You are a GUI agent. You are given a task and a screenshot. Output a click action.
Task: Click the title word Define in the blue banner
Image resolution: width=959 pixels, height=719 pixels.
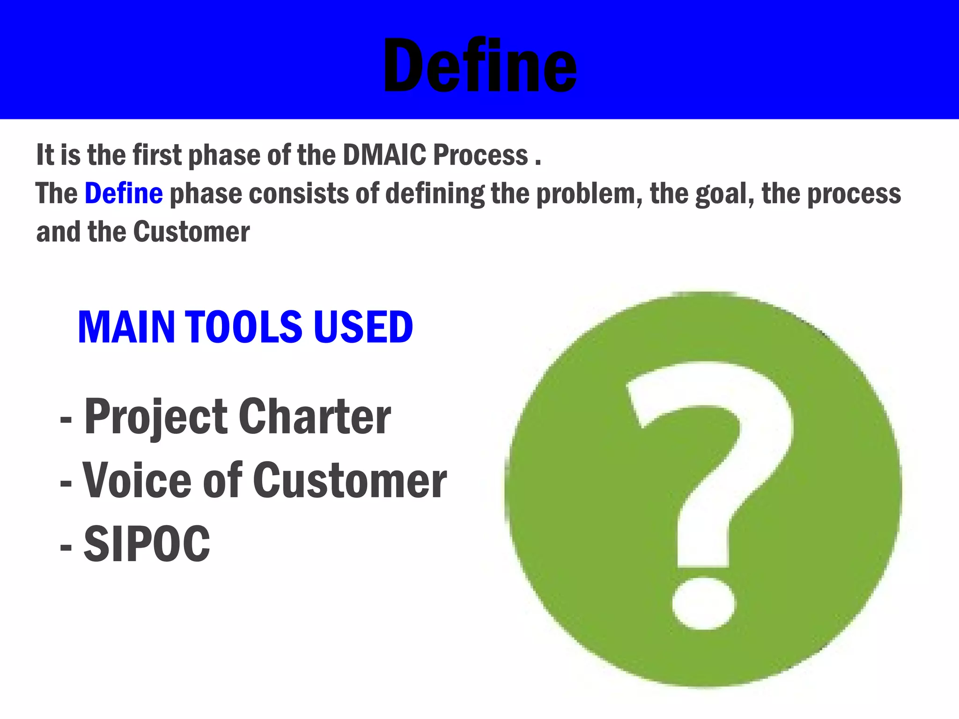[479, 66]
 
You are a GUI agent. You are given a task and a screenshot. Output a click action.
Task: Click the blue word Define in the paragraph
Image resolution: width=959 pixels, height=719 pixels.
[124, 194]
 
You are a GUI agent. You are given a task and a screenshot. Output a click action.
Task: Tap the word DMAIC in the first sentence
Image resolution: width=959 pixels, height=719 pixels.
[384, 155]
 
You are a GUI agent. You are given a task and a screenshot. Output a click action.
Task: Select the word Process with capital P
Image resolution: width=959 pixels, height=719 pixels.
[480, 155]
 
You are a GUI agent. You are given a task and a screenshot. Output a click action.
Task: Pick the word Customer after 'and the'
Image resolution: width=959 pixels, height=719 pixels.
[192, 232]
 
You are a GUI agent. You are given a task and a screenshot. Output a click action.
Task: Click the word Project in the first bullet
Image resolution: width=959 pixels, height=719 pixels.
[156, 417]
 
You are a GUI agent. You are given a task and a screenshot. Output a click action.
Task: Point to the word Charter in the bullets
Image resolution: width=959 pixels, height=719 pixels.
[315, 417]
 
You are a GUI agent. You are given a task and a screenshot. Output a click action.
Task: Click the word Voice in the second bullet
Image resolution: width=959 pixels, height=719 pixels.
[137, 481]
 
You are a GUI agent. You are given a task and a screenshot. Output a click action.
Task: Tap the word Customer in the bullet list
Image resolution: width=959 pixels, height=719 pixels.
[350, 481]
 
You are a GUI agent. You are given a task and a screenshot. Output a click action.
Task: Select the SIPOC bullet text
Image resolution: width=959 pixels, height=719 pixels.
[147, 544]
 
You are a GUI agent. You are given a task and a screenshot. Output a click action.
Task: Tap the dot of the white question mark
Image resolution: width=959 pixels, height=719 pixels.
[704, 603]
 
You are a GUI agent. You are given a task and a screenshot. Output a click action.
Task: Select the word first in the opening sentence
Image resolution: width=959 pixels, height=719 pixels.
[157, 155]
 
